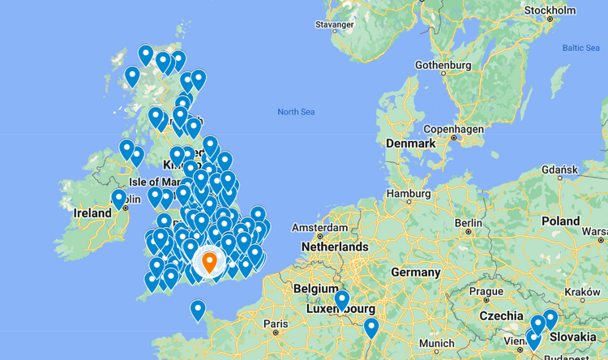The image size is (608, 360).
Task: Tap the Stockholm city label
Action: pos(550,10)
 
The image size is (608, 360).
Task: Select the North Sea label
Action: pos(295,112)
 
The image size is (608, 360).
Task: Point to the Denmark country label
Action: pos(411,143)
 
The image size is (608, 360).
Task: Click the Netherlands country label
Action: pos(335,246)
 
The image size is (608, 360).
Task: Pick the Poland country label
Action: pos(561,221)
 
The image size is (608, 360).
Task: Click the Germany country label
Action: pos(415,272)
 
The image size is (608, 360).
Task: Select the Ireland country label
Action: pos(92,213)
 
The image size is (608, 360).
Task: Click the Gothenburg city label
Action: pos(443,65)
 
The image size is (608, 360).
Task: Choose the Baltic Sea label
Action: pos(580,48)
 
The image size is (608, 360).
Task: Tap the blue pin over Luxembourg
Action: pos(342,300)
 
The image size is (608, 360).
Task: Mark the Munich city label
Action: pos(438,343)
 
